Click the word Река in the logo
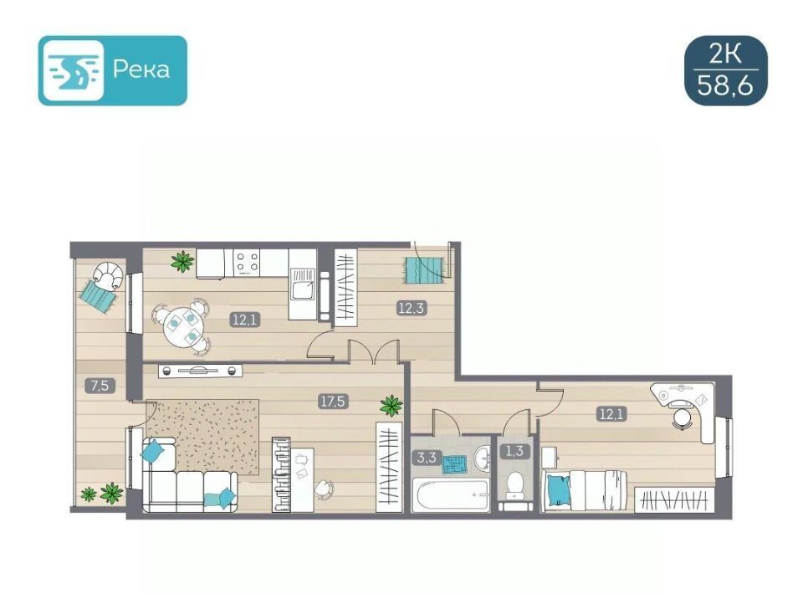coord(141,69)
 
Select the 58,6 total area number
coord(725,86)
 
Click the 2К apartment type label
coord(725,54)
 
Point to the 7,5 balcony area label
coord(100,386)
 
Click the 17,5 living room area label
coord(332,402)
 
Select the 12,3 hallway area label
coord(412,308)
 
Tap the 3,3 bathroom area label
coord(426,458)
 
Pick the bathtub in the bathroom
coord(450,494)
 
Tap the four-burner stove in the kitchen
coord(247,263)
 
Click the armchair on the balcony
coord(109,276)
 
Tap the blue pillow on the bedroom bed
coord(558,490)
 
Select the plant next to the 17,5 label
coord(391,406)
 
